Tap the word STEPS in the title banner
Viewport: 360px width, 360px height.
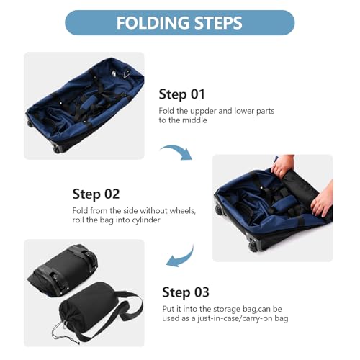point(217,22)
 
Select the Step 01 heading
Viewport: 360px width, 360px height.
point(182,94)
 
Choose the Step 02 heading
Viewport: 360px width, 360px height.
point(96,194)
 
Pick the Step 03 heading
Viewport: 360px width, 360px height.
point(186,292)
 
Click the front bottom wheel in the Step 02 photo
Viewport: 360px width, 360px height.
point(253,246)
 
